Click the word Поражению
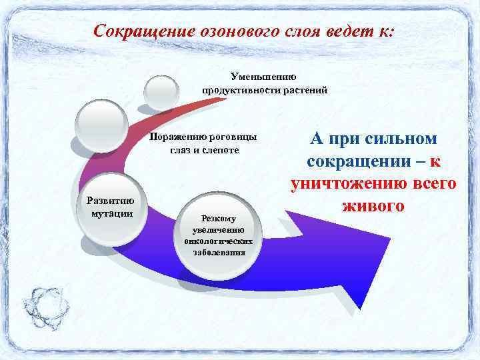click(178, 137)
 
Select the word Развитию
click(112, 201)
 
